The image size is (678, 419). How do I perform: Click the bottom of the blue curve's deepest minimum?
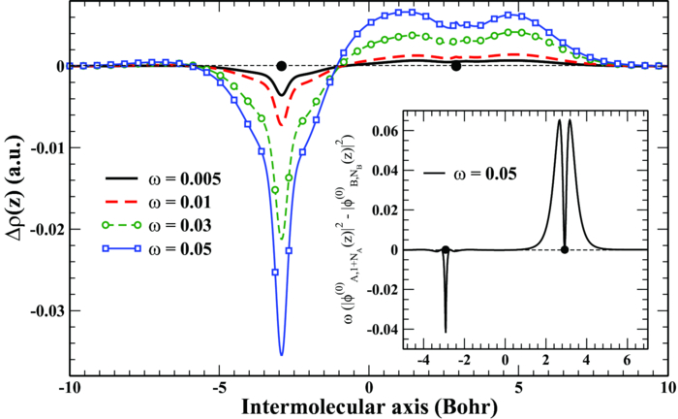tap(282, 355)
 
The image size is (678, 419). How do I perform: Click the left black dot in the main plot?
tap(281, 66)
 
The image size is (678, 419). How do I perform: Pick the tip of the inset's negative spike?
tap(446, 333)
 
